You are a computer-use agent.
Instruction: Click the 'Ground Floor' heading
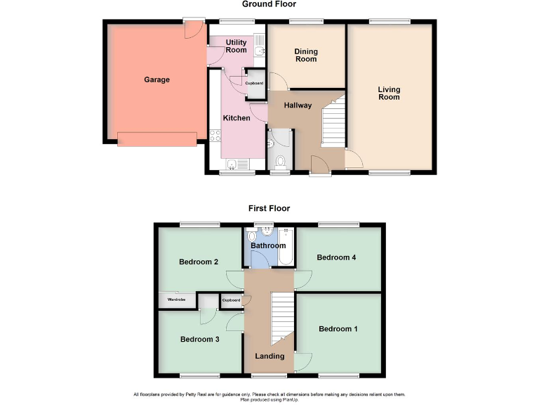coord(269,4)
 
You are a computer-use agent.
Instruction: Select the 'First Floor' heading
coord(269,208)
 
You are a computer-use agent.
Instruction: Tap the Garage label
coord(157,79)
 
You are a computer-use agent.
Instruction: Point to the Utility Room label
coord(236,46)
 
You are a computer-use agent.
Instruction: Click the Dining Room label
coord(305,56)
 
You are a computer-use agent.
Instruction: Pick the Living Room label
coord(389,93)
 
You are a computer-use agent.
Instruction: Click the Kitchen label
coord(237,118)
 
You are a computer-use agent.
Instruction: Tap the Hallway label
coord(298,105)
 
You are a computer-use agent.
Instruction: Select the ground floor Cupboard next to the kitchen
coord(254,83)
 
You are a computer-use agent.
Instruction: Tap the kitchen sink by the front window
coord(232,165)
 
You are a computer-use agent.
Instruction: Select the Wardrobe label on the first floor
coord(176,300)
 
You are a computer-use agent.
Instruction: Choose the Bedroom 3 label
coord(200,339)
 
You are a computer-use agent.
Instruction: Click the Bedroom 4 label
coord(336,257)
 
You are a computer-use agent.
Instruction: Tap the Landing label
coord(269,356)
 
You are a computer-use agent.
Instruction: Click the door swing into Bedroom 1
coord(303,361)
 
